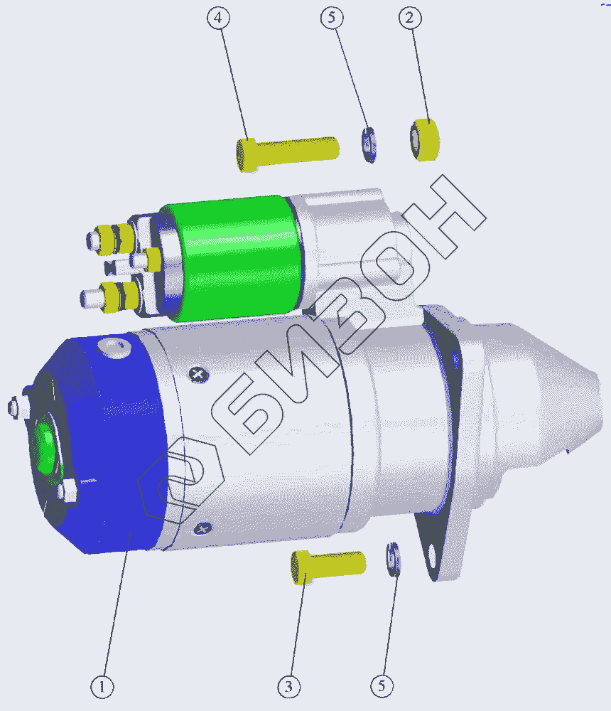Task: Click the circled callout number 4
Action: click(219, 18)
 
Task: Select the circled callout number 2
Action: click(410, 18)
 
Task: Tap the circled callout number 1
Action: click(102, 687)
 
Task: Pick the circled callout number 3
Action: click(289, 687)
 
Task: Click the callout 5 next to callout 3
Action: click(382, 686)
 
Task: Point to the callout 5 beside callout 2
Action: click(332, 18)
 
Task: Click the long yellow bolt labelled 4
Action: click(287, 154)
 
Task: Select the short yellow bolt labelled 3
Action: click(328, 566)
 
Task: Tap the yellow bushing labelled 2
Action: click(425, 139)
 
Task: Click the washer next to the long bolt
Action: click(369, 145)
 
